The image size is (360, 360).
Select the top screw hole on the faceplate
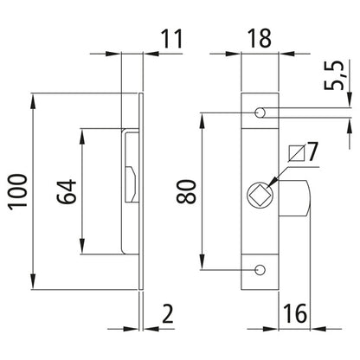click(260, 113)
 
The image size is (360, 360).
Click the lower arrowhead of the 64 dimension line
click(81, 244)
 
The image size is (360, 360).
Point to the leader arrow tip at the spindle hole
click(271, 183)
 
